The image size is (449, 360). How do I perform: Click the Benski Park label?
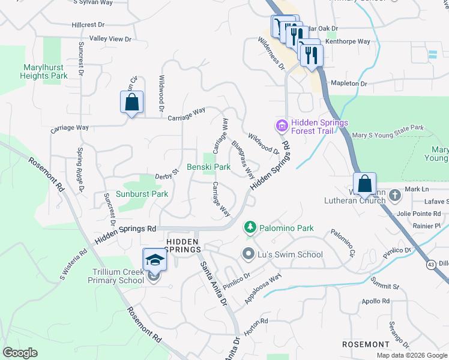pyautogui.click(x=208, y=167)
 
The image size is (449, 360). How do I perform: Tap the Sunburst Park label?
pyautogui.click(x=143, y=194)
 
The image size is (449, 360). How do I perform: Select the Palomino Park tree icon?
pyautogui.click(x=250, y=228)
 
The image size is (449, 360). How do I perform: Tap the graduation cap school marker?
pyautogui.click(x=155, y=260)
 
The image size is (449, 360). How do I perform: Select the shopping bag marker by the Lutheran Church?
pyautogui.click(x=364, y=184)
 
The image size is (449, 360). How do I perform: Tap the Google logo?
pyautogui.click(x=20, y=353)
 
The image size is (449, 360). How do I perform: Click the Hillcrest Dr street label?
pyautogui.click(x=88, y=25)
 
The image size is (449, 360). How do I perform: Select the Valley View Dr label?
pyautogui.click(x=110, y=39)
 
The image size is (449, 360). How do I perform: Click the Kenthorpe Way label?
pyautogui.click(x=348, y=42)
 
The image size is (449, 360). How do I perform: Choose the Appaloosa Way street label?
pyautogui.click(x=263, y=288)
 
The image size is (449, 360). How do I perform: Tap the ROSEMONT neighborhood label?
pyautogui.click(x=367, y=344)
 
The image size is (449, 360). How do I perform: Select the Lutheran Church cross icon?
pyautogui.click(x=394, y=195)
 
